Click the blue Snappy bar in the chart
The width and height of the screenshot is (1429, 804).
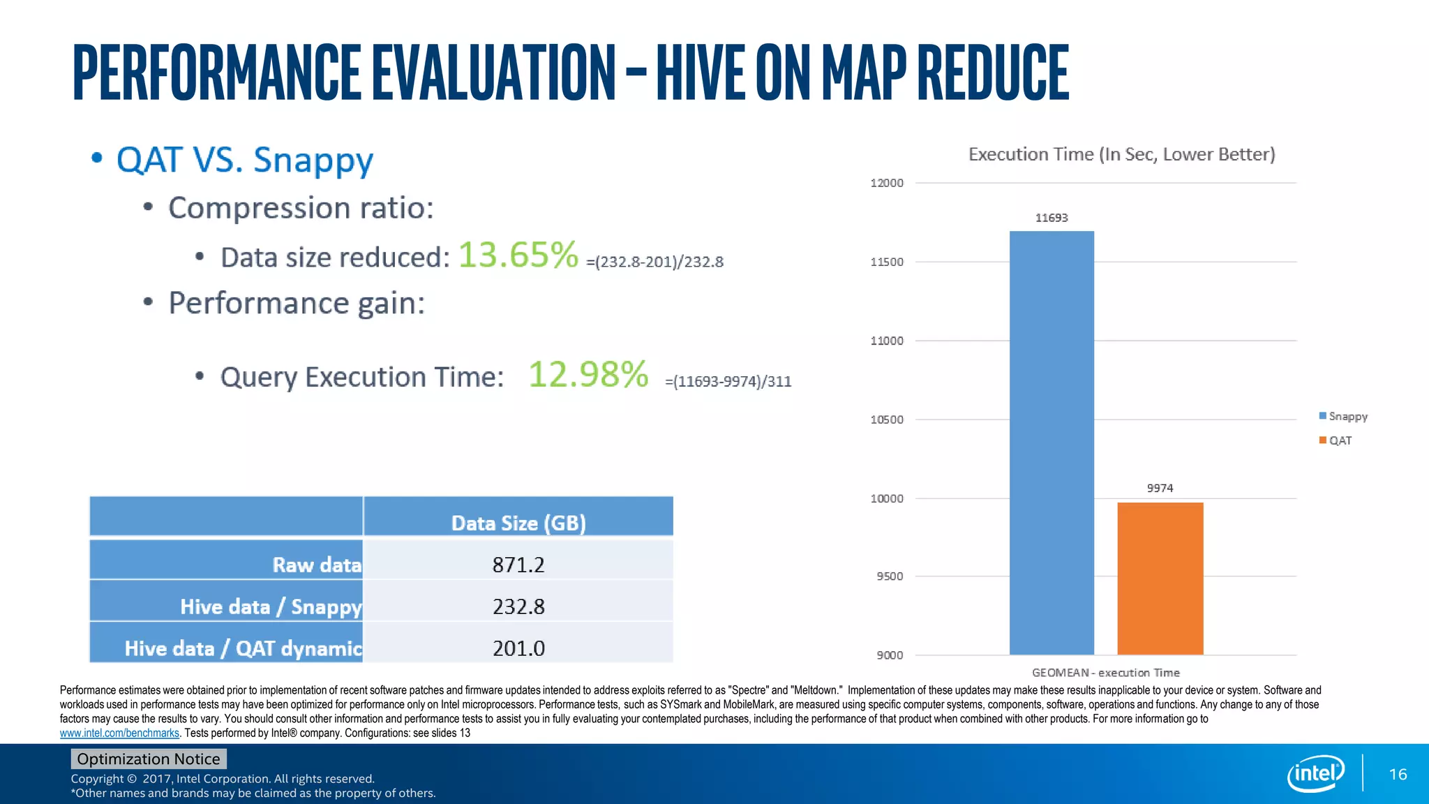(x=1052, y=442)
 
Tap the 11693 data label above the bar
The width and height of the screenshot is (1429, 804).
(x=1052, y=218)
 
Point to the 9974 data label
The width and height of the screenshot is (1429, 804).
(x=1160, y=488)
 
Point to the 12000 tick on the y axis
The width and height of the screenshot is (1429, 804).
(x=886, y=183)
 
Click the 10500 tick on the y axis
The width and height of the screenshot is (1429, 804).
(x=886, y=419)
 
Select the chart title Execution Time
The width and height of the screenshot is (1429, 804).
(x=1121, y=154)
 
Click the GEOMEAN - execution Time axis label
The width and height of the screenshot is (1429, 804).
(x=1105, y=673)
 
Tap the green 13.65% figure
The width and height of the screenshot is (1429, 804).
(x=518, y=255)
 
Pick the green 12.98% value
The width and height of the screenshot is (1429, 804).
(x=588, y=374)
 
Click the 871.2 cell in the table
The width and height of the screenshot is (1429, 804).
(x=518, y=565)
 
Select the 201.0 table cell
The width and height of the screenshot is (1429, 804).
(x=518, y=648)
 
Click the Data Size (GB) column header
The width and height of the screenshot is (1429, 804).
(x=518, y=523)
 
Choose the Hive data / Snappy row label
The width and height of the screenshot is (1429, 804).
(x=271, y=606)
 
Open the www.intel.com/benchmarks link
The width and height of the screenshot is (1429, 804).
(x=119, y=733)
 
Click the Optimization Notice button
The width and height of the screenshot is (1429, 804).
(x=148, y=759)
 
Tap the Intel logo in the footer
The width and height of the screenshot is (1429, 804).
(x=1315, y=773)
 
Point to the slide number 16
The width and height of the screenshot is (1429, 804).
(x=1398, y=774)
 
